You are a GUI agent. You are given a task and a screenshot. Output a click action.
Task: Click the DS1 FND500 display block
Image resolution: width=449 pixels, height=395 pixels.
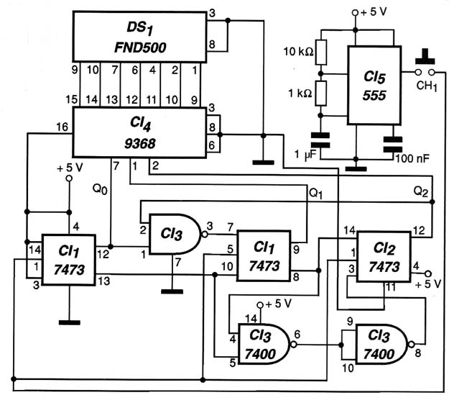[139, 37]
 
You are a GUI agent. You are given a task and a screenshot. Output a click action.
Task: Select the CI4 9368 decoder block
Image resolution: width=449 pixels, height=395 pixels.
[139, 132]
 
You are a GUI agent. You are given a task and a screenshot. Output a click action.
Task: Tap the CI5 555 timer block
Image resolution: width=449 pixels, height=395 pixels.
[374, 85]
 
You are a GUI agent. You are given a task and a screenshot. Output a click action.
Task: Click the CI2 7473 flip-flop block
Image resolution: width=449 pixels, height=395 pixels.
[384, 256]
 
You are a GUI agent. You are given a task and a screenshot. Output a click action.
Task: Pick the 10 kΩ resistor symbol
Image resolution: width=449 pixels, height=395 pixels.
[321, 53]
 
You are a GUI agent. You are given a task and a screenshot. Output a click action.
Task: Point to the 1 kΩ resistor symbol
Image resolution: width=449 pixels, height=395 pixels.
[321, 94]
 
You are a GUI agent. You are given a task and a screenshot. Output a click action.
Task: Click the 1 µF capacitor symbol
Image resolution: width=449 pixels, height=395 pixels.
[320, 140]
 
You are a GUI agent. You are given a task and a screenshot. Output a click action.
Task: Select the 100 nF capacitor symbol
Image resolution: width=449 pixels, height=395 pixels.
[393, 145]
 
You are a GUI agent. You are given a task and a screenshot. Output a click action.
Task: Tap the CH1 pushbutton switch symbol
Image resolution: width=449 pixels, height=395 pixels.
[425, 66]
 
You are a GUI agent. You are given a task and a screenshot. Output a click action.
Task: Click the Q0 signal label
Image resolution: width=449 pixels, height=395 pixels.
[100, 189]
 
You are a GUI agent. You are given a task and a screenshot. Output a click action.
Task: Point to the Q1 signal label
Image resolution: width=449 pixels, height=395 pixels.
[315, 194]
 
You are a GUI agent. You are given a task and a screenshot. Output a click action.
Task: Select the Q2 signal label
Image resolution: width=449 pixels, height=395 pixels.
[421, 191]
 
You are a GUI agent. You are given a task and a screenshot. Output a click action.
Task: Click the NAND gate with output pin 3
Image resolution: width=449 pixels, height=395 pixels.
[175, 234]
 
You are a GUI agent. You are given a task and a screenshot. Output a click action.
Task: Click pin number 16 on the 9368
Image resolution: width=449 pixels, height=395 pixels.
[63, 127]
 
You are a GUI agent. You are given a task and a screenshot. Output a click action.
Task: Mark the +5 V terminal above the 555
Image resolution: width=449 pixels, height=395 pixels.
[355, 13]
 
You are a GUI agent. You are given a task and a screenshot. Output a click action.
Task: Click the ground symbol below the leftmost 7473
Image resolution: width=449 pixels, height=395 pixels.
[69, 322]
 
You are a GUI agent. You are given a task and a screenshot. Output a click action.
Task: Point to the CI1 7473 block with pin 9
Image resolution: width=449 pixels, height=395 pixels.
[264, 255]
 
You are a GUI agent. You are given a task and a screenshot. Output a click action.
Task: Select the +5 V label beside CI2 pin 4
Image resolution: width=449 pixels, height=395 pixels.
[428, 284]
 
